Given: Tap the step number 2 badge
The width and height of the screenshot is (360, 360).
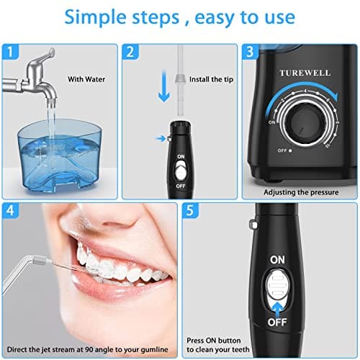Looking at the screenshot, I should [x=131, y=53].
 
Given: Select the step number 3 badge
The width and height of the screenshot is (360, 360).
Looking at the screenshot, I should [x=250, y=53].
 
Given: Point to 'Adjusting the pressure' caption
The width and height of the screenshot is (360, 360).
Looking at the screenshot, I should [x=300, y=192].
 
